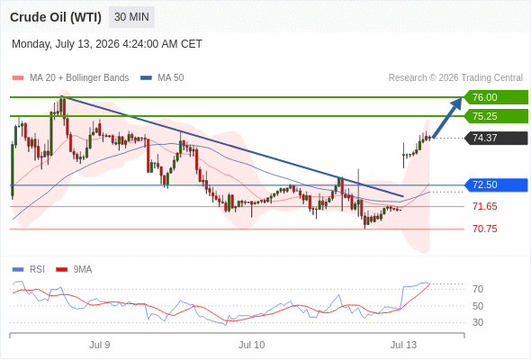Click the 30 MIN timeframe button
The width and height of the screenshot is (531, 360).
[131, 17]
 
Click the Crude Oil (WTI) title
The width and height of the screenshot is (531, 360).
[56, 17]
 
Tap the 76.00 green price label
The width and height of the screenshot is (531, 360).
[496, 97]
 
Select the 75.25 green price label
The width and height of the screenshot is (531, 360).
[496, 116]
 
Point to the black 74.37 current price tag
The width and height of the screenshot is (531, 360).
[496, 138]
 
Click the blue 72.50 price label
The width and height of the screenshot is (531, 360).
[496, 184]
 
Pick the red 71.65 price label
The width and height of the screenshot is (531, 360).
[485, 206]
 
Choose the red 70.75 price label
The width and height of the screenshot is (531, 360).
[485, 229]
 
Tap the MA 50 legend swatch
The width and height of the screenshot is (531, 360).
[146, 78]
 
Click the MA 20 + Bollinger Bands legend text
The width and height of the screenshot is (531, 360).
[79, 78]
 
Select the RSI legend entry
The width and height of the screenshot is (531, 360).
[29, 270]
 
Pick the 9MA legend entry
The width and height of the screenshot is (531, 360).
[74, 270]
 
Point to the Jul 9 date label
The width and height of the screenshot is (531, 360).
[100, 345]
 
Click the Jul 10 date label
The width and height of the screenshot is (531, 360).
[251, 345]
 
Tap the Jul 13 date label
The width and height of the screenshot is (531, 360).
[403, 345]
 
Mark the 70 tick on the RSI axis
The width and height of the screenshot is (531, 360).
[478, 289]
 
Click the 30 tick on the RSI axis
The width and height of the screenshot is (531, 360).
[478, 322]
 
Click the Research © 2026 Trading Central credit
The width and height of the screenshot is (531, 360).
[455, 78]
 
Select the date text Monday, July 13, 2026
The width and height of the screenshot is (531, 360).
[66, 44]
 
